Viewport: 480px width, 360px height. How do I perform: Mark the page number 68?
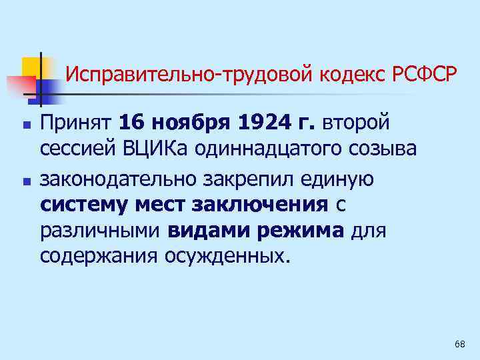pos(459,344)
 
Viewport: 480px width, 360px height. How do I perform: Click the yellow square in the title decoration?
pos(31,67)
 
